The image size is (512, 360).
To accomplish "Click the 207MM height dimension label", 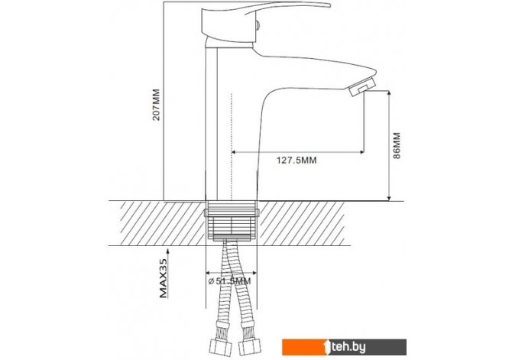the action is [x=157, y=105].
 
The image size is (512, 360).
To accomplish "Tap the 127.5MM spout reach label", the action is [x=297, y=161].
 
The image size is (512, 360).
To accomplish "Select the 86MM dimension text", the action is [x=396, y=145].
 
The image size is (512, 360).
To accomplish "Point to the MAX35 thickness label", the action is [x=164, y=278].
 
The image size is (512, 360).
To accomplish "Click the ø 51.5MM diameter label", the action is [x=229, y=281].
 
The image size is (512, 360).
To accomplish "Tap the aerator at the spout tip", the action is [x=361, y=86].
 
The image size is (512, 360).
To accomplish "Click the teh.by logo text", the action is [x=348, y=347].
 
